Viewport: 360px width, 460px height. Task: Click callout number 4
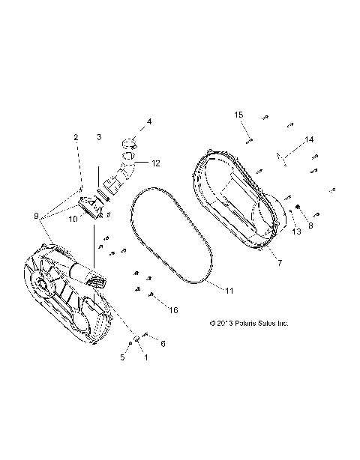pos(149,121)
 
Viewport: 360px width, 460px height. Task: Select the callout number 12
pos(157,163)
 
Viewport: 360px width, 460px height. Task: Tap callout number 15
pos(239,115)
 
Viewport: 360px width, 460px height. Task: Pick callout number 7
pos(280,262)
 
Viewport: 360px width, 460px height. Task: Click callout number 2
pos(76,137)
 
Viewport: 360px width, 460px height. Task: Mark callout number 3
pos(98,137)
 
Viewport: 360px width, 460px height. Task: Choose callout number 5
pos(124,357)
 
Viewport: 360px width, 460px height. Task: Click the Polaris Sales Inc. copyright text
pos(247,324)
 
